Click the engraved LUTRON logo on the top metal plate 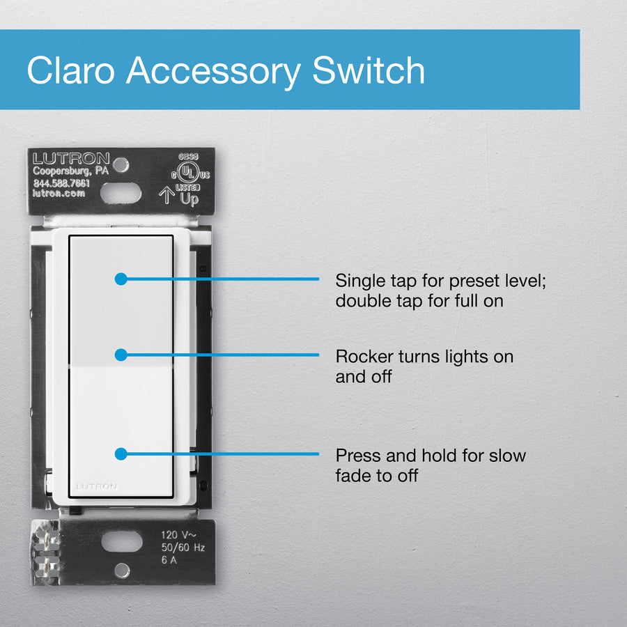click(x=71, y=158)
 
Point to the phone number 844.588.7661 click(x=61, y=183)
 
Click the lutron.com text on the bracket click(x=59, y=193)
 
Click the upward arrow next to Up click(x=167, y=195)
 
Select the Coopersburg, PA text click(x=71, y=171)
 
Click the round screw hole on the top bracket click(x=121, y=164)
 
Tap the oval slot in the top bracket click(x=121, y=193)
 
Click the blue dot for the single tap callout click(x=121, y=279)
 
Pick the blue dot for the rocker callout click(x=121, y=355)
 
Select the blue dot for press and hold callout click(x=121, y=454)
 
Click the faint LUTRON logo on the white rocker click(x=96, y=486)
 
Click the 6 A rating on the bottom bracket click(x=169, y=560)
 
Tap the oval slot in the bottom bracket click(x=122, y=542)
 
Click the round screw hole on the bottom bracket click(x=122, y=570)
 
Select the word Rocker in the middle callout click(x=364, y=356)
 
